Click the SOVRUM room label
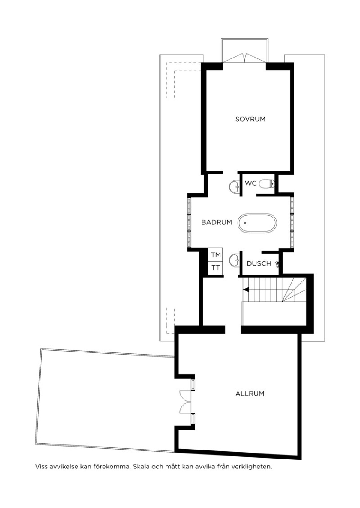[x=250, y=119]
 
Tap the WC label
[x=251, y=183]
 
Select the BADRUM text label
[x=217, y=222]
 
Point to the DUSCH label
[x=259, y=263]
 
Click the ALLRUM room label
[x=250, y=394]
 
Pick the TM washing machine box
[x=216, y=255]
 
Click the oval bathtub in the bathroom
[x=257, y=223]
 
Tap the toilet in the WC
[x=267, y=183]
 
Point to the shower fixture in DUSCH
[x=278, y=264]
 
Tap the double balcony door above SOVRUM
[x=244, y=58]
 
